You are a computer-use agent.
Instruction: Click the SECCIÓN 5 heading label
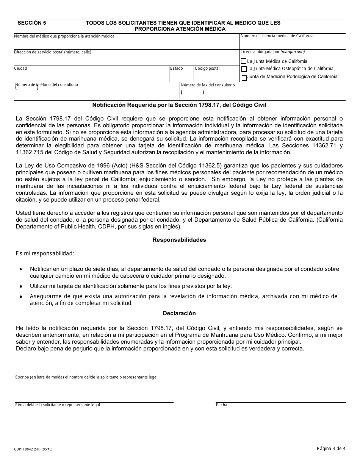click(32, 23)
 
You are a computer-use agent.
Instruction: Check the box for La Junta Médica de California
click(244, 61)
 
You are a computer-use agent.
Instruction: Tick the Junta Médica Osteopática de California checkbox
click(244, 69)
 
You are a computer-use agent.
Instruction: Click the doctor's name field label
click(64, 36)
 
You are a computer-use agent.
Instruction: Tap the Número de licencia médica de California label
click(277, 36)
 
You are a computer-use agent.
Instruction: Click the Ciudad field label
click(20, 69)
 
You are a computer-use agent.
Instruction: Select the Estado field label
click(176, 69)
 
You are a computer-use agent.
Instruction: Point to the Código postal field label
click(207, 69)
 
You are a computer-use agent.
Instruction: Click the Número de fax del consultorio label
click(208, 85)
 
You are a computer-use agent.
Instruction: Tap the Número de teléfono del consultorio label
click(47, 85)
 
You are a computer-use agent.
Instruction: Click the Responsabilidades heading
click(179, 240)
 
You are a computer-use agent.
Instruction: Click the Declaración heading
click(179, 313)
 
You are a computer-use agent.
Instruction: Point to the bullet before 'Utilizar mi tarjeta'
click(20, 286)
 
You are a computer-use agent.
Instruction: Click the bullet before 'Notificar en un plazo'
click(20, 269)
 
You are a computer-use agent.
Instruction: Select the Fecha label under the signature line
click(221, 405)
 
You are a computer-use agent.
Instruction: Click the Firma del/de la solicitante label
click(58, 405)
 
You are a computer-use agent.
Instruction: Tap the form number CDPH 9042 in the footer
click(34, 449)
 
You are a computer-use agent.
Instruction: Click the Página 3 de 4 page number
click(331, 449)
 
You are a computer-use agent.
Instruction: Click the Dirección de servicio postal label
click(53, 52)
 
